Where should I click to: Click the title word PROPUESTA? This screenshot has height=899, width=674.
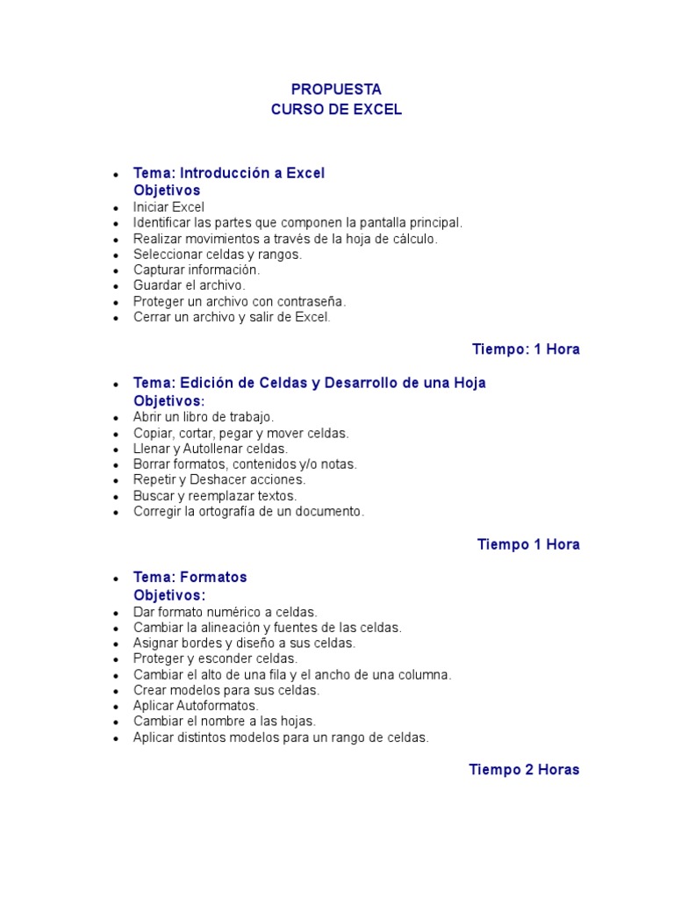tap(336, 90)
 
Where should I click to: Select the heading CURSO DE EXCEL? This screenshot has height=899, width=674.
tap(336, 110)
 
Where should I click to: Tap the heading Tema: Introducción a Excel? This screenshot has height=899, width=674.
tap(228, 173)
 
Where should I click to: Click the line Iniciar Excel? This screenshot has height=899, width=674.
tap(168, 207)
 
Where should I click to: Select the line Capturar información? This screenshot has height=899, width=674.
tap(197, 270)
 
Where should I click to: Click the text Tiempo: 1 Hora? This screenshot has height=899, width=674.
tap(526, 349)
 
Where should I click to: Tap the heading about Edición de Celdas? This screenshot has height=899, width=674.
tap(309, 383)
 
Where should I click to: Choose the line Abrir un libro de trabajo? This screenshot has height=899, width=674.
tap(204, 417)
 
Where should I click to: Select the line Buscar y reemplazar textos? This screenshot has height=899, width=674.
tap(215, 495)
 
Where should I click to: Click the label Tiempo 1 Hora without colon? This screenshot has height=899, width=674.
tap(528, 544)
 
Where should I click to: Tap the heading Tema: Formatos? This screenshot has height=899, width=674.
tap(190, 577)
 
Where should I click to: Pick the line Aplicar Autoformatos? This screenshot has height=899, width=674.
tap(196, 706)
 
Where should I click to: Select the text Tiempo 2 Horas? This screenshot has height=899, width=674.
tap(524, 770)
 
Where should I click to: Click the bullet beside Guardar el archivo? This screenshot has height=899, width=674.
tap(115, 286)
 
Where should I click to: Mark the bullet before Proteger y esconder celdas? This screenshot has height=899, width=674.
tap(115, 659)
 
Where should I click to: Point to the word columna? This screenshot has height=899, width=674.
tap(425, 674)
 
